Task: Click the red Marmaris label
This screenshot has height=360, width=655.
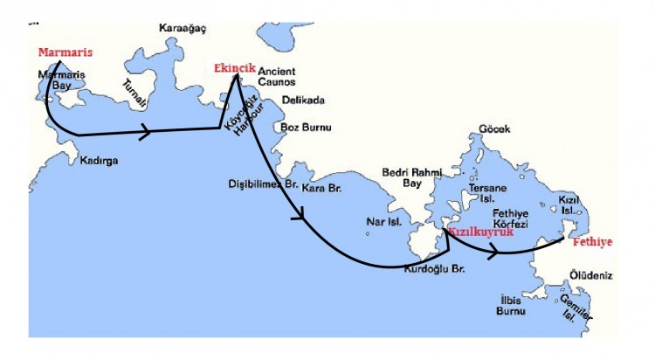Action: [65, 52]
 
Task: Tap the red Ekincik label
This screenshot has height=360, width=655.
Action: [233, 68]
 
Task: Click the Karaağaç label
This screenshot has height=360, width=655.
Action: [183, 28]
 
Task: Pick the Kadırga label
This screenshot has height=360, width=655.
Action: [99, 161]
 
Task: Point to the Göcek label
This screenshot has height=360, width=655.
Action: [493, 129]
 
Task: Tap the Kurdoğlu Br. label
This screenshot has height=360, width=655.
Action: [434, 268]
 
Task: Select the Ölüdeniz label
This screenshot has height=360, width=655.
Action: [591, 275]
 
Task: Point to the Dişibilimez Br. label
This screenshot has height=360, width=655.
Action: [263, 184]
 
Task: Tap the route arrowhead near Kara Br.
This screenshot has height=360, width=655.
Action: [303, 215]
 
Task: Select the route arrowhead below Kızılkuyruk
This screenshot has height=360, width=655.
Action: [496, 251]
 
